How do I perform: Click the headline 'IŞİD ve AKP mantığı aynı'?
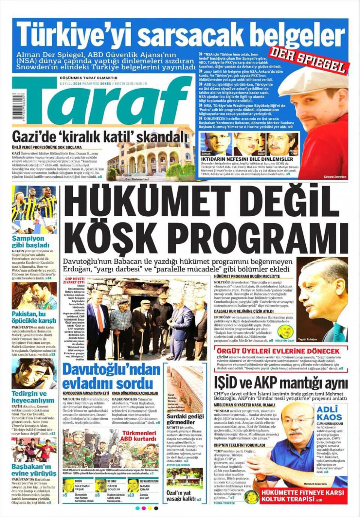pyautogui.click(x=280, y=383)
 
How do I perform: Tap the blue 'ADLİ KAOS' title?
pyautogui.click(x=329, y=413)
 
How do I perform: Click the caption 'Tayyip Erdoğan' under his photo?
pyautogui.click(x=307, y=340)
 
